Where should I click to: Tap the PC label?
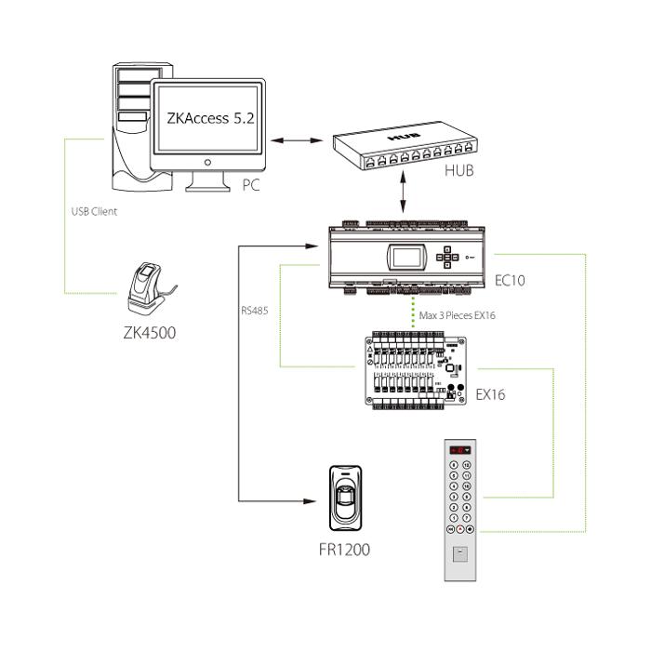pos(251,186)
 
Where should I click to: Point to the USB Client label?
pos(94,211)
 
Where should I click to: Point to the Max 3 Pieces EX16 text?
pos(457,315)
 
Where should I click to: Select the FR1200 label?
pos(344,550)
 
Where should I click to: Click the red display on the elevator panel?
pos(459,449)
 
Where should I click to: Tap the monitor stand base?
pos(207,185)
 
